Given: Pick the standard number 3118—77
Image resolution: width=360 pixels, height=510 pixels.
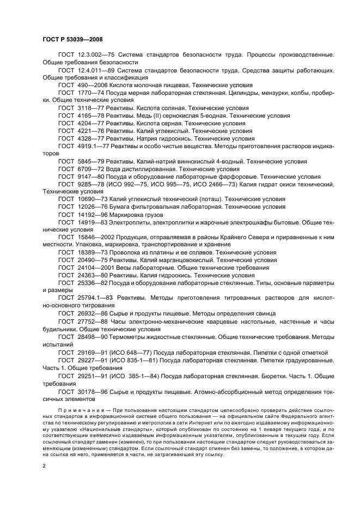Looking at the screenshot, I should click(88, 108).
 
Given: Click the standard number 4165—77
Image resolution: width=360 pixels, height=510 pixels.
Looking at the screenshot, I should click(88, 116).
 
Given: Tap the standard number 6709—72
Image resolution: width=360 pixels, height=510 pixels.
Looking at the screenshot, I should click(88, 169).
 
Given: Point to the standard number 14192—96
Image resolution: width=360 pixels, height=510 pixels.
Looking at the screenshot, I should click(90, 215).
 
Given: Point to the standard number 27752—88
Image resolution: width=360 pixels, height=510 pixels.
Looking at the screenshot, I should click(90, 321).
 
